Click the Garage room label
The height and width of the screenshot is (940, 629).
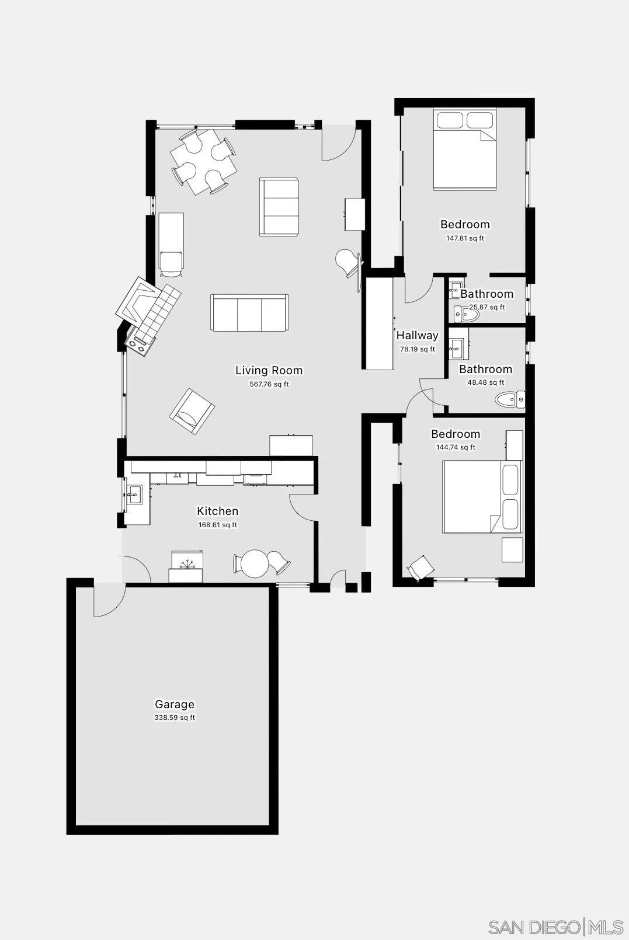[174, 704]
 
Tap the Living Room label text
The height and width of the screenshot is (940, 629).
[269, 370]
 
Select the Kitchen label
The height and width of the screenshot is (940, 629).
[217, 511]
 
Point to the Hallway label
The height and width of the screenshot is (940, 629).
[417, 335]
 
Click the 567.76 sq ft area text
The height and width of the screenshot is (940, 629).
[269, 384]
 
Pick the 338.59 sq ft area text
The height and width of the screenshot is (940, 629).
[174, 718]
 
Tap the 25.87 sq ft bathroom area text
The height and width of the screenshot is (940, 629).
[487, 307]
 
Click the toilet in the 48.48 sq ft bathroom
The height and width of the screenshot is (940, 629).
[509, 400]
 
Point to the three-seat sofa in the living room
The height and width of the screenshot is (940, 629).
[249, 313]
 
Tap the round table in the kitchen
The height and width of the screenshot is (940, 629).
[255, 564]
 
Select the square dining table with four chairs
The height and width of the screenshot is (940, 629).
[203, 161]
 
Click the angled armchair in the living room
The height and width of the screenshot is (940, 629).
[192, 411]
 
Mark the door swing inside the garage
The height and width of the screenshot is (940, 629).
[108, 600]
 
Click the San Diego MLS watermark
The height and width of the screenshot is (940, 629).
[555, 927]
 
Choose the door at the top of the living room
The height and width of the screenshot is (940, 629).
[339, 143]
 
